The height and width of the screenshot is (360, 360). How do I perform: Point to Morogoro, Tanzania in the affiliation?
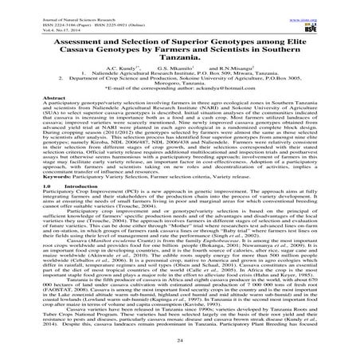click(180, 87)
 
